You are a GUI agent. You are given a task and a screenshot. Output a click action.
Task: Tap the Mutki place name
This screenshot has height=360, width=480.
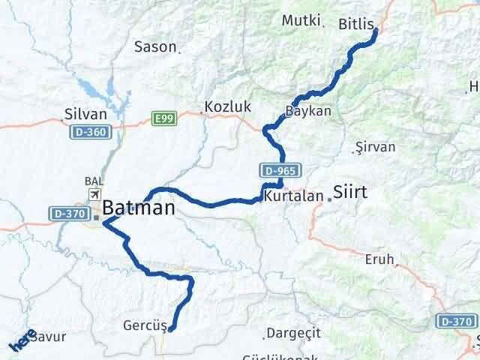click(301, 20)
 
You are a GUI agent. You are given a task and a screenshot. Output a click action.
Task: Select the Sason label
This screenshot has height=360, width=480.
click(155, 47)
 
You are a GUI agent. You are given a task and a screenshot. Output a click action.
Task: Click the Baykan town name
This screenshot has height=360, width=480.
click(307, 111)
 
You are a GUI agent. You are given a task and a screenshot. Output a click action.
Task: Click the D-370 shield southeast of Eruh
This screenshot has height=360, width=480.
click(456, 322)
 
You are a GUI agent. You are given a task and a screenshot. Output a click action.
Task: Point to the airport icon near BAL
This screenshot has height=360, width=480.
click(95, 194)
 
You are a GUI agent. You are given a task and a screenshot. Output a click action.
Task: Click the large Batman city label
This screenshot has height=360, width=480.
click(139, 208)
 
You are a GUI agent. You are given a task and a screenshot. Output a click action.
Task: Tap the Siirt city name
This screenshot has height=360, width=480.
click(350, 192)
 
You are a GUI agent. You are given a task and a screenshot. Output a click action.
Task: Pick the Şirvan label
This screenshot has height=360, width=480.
click(374, 147)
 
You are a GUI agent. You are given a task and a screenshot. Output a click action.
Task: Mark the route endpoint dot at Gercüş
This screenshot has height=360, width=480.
click(171, 328)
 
